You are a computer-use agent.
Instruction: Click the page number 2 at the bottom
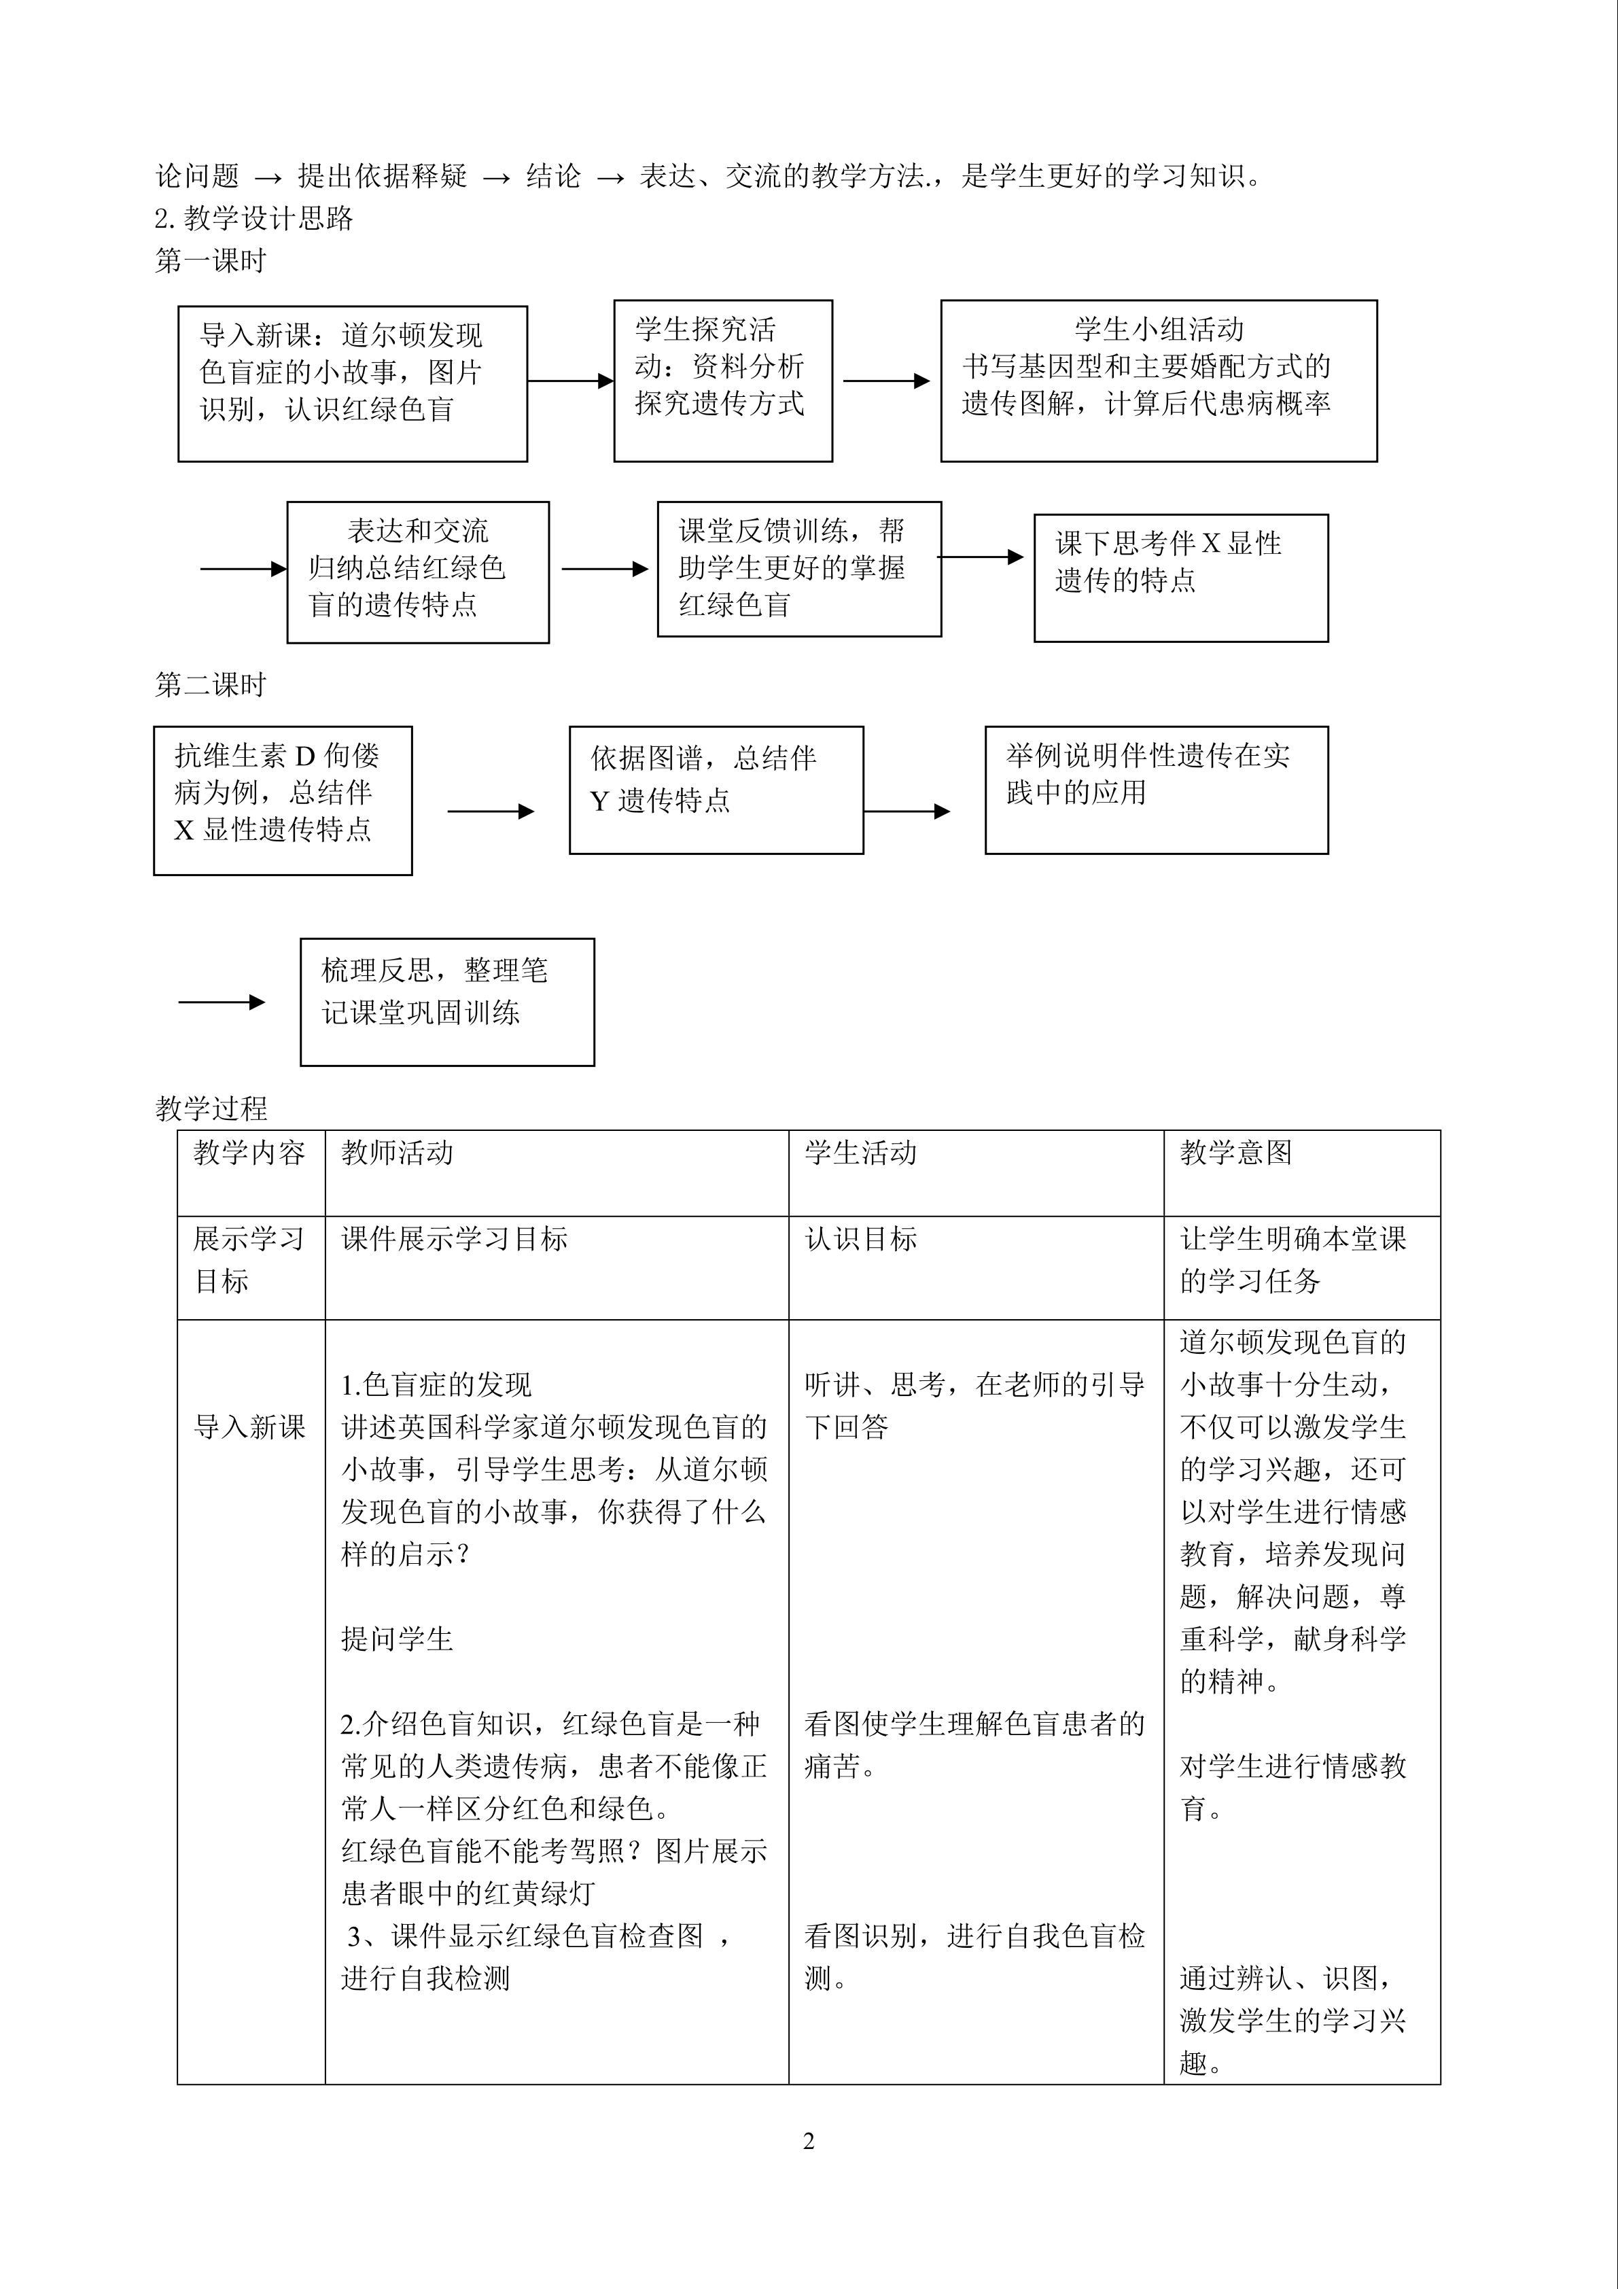[809, 2142]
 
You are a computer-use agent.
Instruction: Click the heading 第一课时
[211, 261]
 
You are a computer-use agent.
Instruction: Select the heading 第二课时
[211, 685]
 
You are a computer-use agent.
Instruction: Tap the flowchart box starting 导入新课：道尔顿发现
[352, 384]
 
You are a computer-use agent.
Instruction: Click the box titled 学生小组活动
[1159, 381]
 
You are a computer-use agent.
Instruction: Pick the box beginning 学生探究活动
[723, 381]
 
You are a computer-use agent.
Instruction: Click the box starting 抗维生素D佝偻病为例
[282, 801]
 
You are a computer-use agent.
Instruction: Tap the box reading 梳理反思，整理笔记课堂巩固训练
[446, 1002]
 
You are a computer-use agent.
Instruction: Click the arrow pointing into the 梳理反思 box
[222, 1002]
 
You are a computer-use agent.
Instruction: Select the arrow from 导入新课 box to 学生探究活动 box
[570, 381]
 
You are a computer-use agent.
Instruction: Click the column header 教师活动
[397, 1153]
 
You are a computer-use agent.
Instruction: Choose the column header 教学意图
[1235, 1153]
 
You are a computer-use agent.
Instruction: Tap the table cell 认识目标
[860, 1239]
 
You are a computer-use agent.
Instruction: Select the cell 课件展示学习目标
[455, 1239]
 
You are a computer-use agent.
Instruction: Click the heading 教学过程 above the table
[211, 1108]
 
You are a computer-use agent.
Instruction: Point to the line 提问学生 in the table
[397, 1639]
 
